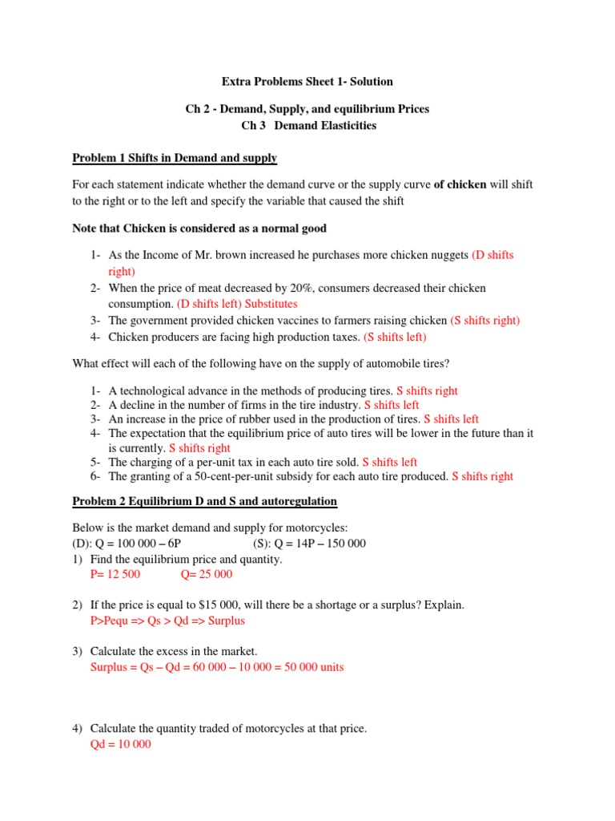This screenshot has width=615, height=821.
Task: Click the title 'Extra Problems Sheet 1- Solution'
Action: click(x=307, y=82)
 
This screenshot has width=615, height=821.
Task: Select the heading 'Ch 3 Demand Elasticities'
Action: click(x=308, y=125)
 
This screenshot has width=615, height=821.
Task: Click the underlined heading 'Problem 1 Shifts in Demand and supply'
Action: click(x=175, y=157)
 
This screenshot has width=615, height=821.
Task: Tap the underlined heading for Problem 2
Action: click(x=204, y=501)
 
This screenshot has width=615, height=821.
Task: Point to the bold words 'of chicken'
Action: click(x=460, y=184)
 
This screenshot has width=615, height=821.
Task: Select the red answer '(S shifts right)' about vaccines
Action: click(x=484, y=320)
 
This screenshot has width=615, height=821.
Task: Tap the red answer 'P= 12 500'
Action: click(x=117, y=574)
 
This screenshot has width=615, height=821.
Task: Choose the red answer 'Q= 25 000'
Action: click(x=207, y=574)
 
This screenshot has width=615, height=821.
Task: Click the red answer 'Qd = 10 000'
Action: click(x=122, y=744)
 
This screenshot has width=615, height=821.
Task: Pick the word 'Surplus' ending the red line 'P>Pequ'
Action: click(x=225, y=621)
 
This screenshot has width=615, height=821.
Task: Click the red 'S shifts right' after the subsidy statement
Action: click(x=483, y=476)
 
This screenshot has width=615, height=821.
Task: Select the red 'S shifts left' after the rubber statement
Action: click(x=451, y=419)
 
